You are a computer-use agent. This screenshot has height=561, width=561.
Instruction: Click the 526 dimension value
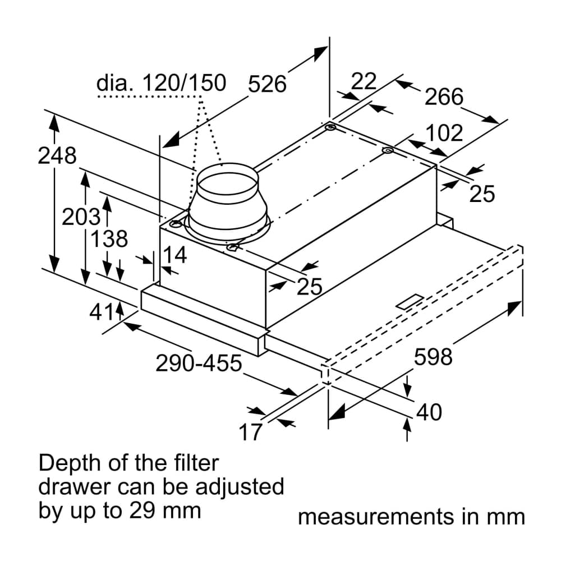[x=267, y=84]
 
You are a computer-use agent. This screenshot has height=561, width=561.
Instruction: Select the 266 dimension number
[x=444, y=97]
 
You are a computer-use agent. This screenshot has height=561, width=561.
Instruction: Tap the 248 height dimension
[x=57, y=155]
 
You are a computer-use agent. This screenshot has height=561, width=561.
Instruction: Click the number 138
[x=109, y=239]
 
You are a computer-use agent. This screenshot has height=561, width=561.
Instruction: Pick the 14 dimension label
[x=174, y=255]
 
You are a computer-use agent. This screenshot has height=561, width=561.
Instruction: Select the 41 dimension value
[x=102, y=312]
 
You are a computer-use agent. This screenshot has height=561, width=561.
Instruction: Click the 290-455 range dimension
[x=199, y=364]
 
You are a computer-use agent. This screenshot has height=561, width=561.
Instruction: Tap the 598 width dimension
[x=433, y=356]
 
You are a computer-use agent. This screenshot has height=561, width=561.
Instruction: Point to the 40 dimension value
[x=429, y=412]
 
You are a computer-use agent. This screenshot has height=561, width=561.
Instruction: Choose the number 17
[x=251, y=432]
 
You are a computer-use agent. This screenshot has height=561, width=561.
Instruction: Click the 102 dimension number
[x=444, y=134]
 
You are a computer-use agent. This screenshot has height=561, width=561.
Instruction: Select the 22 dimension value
[x=363, y=81]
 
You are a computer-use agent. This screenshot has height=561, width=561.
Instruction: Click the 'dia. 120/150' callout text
[x=161, y=84]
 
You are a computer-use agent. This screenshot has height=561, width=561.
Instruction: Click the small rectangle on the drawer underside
[x=411, y=301]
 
